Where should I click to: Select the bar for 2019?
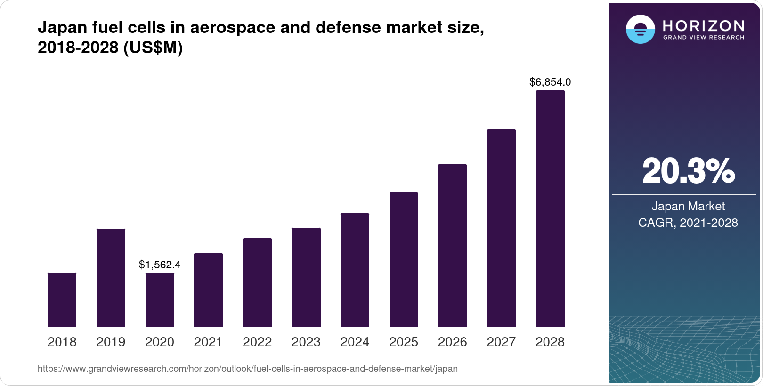(x=111, y=278)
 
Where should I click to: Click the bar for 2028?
(x=550, y=209)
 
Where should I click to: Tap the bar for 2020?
(x=160, y=300)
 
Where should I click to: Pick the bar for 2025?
(x=404, y=259)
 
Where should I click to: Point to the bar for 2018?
(x=62, y=299)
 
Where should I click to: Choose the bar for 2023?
(x=306, y=277)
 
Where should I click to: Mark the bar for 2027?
(x=501, y=228)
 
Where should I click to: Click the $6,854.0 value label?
(x=550, y=82)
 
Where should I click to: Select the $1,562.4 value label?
(x=160, y=265)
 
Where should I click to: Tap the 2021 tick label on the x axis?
(x=208, y=342)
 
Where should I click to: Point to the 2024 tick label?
(x=355, y=342)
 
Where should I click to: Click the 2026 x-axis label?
(x=452, y=342)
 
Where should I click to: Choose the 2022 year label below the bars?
(x=257, y=342)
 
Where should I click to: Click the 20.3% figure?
(x=688, y=171)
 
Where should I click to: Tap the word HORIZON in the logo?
(x=704, y=25)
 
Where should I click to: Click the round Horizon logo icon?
(x=640, y=29)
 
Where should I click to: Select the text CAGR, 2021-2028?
(x=688, y=223)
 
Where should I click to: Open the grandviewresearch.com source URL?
(x=248, y=369)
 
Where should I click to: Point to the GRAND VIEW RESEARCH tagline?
(x=704, y=37)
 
